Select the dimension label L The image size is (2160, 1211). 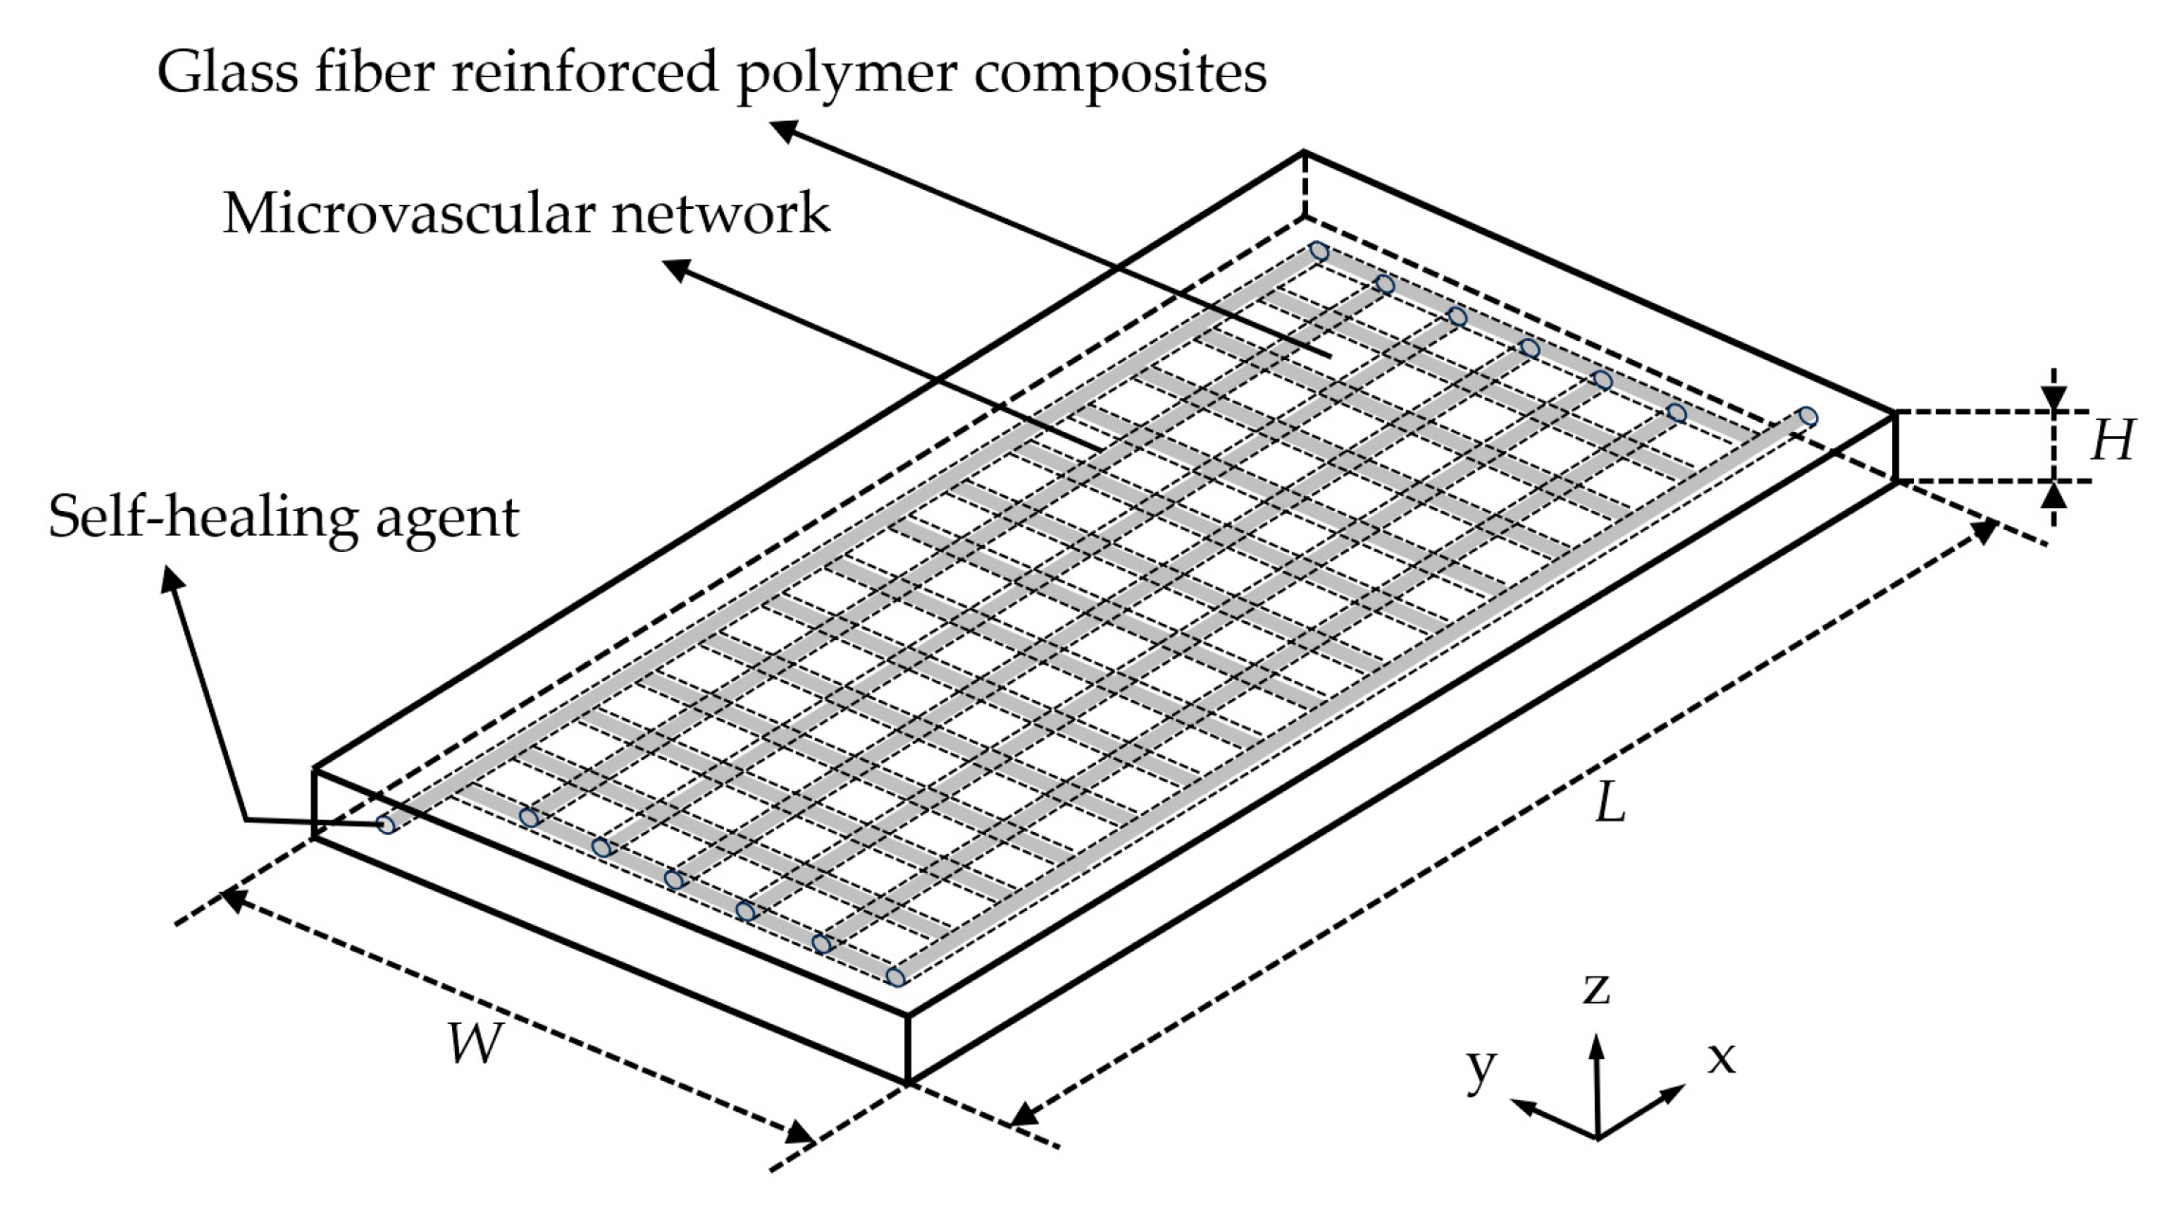(1609, 805)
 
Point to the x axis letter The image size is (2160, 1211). (1721, 1057)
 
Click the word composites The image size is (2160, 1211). (1121, 74)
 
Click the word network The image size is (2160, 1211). (720, 213)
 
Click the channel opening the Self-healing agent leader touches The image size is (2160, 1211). (386, 824)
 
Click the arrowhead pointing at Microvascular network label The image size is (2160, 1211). (674, 271)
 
